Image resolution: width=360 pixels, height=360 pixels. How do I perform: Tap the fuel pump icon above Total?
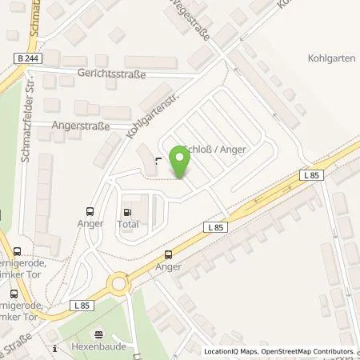coord(127,212)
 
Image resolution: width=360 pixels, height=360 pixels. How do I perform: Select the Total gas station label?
coord(128,225)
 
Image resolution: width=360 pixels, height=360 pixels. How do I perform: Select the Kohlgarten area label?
coord(330,58)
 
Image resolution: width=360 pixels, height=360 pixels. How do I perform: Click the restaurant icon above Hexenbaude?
coord(99,335)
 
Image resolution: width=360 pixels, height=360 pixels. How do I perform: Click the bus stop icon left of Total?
coord(91,211)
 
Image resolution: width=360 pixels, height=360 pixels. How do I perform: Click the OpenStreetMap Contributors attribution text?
coord(311,351)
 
